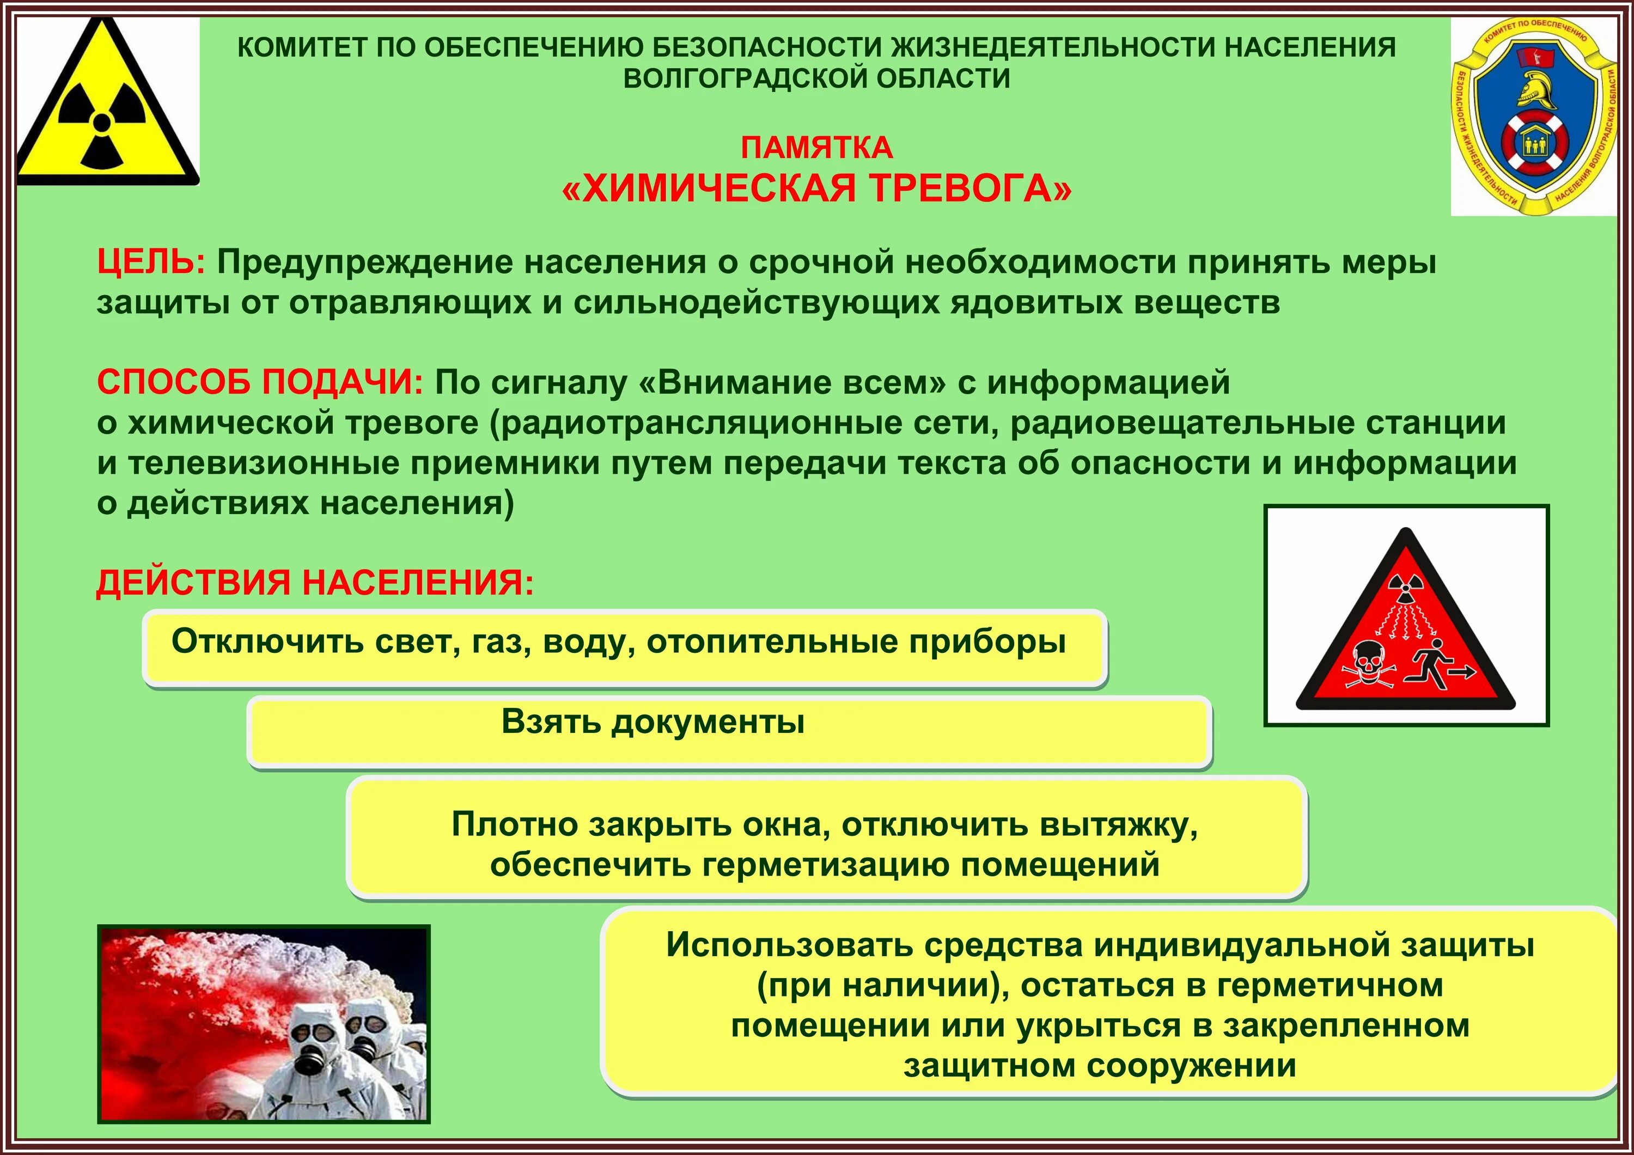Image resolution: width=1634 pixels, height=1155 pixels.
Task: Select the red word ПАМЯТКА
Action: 816,148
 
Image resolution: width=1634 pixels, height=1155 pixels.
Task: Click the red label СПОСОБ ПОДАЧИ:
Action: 260,383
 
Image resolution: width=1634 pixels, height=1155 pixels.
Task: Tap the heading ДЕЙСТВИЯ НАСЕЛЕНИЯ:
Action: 315,583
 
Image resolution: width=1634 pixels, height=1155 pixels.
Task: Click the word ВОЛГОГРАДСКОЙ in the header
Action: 740,78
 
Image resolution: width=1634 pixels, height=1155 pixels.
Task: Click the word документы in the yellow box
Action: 708,722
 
